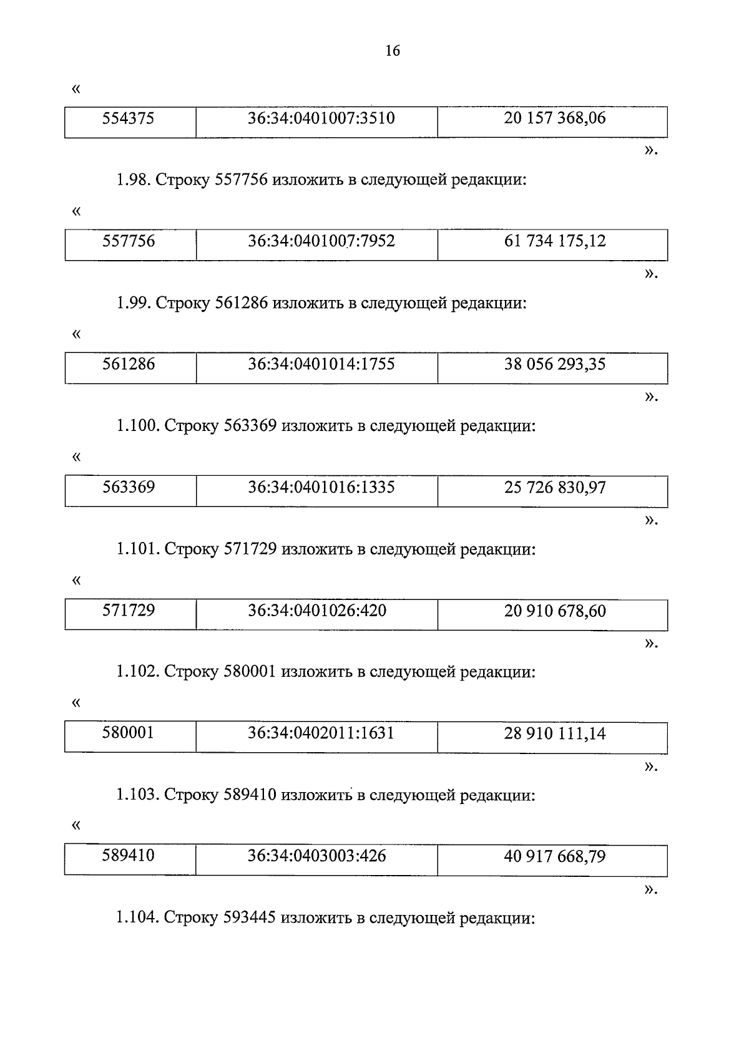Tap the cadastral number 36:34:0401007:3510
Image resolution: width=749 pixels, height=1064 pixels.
coord(321,118)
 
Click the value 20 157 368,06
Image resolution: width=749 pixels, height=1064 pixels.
coord(554,118)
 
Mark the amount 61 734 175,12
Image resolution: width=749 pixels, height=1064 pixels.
coord(554,241)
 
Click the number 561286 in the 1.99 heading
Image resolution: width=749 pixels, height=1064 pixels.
coord(241,304)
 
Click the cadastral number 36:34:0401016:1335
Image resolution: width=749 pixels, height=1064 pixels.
coord(321,487)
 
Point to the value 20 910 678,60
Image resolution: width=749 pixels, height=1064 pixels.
coord(554,611)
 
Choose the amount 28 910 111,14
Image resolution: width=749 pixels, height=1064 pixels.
coord(554,733)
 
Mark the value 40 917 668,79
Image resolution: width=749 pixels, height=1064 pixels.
coord(554,856)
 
